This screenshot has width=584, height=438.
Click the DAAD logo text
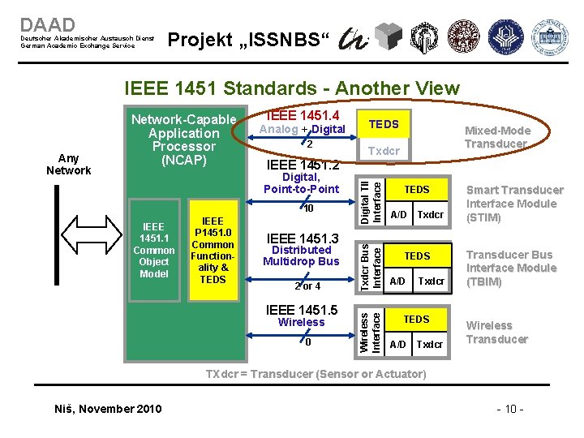[x=48, y=25]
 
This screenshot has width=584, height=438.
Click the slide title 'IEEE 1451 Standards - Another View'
[x=291, y=88]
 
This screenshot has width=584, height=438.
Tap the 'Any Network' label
[x=69, y=164]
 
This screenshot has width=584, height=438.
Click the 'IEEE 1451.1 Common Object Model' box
[x=154, y=251]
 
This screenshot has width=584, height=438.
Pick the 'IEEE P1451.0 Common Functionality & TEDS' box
[x=213, y=250]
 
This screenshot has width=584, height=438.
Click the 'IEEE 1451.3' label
[x=303, y=238]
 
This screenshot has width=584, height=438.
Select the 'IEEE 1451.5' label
[x=302, y=310]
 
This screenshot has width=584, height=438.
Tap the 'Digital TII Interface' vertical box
[x=371, y=195]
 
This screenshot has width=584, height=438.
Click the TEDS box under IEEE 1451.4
[x=384, y=124]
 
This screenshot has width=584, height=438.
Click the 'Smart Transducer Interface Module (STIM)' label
[x=514, y=204]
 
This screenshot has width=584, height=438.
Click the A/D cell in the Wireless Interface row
[x=398, y=344]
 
